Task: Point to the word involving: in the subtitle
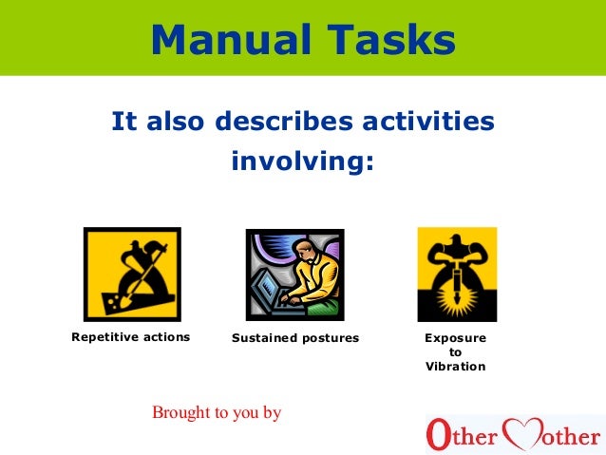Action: click(303, 162)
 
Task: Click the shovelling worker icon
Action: click(131, 274)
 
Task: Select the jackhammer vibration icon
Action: click(457, 274)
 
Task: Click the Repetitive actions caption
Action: click(131, 337)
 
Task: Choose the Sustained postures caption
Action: click(295, 338)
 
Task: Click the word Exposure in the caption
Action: click(456, 338)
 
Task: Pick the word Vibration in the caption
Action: click(456, 367)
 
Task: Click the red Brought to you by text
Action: click(217, 413)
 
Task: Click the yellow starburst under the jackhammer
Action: click(457, 303)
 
